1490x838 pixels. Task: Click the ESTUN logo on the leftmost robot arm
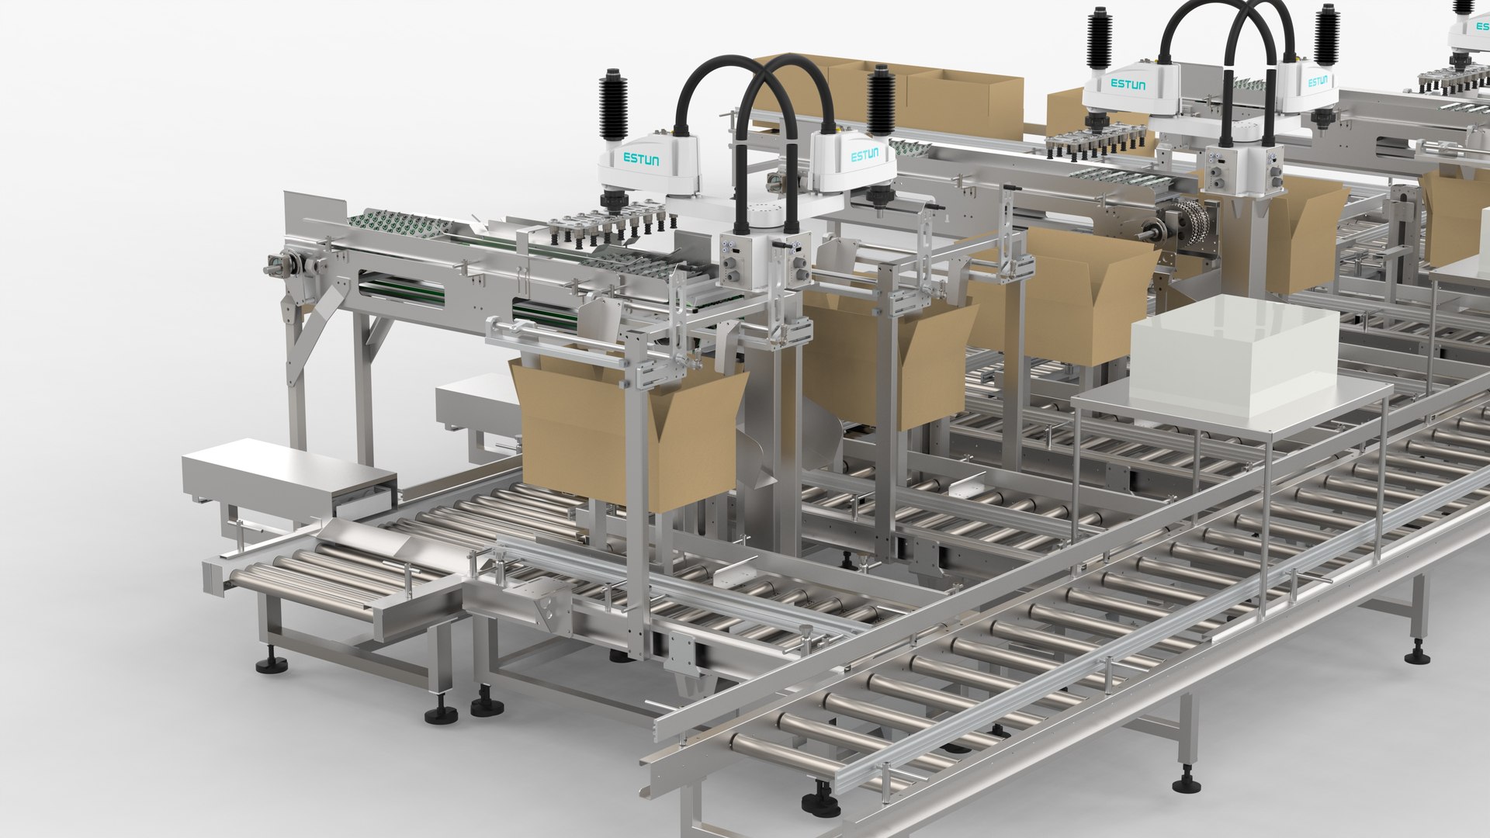[x=641, y=159]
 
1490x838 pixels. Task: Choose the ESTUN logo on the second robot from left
[x=865, y=155]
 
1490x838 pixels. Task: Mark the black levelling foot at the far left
[x=272, y=664]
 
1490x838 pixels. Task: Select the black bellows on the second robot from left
[x=881, y=101]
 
